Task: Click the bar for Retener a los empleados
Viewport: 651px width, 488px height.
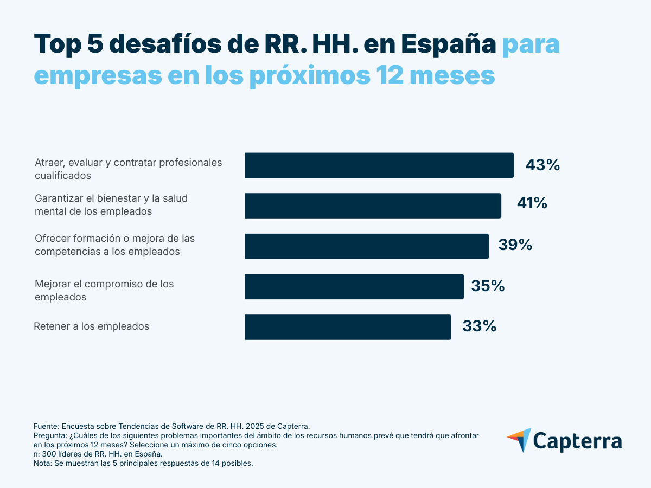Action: [348, 327]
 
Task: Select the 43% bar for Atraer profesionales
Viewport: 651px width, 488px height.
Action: [379, 165]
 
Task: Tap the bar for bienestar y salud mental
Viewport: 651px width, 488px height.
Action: [373, 206]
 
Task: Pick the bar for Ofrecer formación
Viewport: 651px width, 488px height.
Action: [367, 246]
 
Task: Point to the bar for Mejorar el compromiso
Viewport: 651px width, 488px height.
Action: [354, 286]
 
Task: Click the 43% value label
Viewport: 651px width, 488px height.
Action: [542, 165]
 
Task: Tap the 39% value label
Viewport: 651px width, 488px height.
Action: [515, 245]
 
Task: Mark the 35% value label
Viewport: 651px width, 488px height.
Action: [488, 286]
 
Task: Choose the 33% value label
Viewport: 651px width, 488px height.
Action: [479, 326]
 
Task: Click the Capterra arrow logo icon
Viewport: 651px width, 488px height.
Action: [519, 440]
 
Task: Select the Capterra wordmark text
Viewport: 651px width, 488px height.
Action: [577, 441]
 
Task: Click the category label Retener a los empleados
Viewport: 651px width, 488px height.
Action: [92, 326]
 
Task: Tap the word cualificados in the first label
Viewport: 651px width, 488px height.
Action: [63, 176]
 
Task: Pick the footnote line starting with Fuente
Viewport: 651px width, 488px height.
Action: [171, 426]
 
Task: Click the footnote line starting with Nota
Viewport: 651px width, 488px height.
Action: [143, 464]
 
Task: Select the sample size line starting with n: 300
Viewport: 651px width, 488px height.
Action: [98, 454]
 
